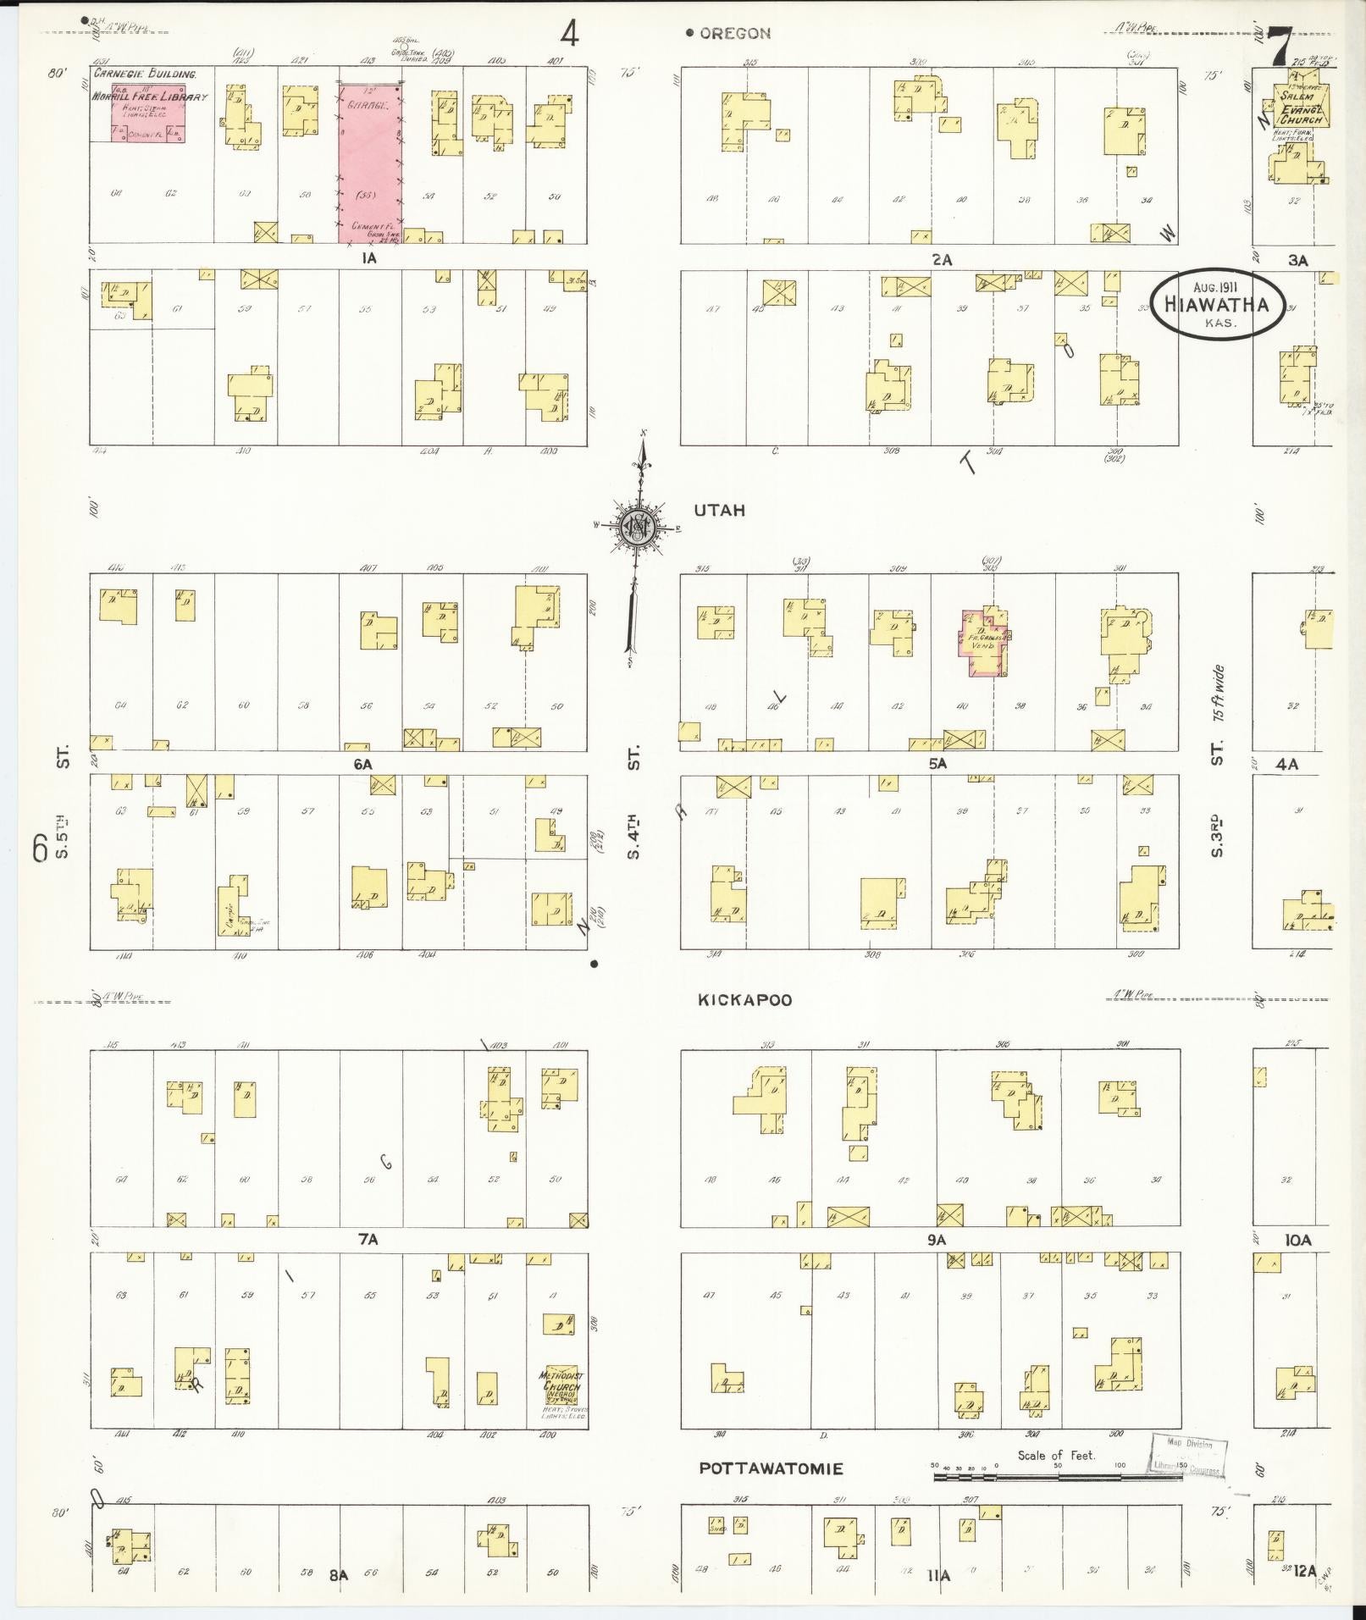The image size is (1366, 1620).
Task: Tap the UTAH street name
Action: (x=719, y=511)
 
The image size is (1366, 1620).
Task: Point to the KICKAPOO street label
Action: (x=744, y=1000)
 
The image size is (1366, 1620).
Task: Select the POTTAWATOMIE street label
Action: (x=771, y=1468)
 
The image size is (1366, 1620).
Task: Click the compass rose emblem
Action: (x=637, y=528)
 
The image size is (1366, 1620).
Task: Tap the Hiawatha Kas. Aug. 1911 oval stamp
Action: (x=1217, y=305)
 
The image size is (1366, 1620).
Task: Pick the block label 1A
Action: (x=368, y=259)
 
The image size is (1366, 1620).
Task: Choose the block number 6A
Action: (x=363, y=764)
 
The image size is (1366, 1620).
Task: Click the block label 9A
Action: (x=935, y=1240)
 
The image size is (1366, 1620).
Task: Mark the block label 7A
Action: (x=367, y=1240)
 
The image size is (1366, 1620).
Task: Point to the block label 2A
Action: (x=941, y=260)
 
